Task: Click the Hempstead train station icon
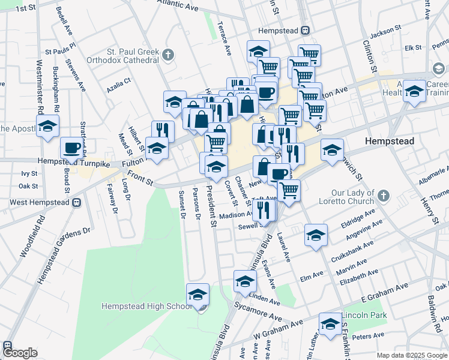pos(305,31)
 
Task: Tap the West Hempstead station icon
pos(76,202)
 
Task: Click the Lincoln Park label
pos(364,316)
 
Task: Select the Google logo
pos(20,353)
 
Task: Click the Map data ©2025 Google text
pos(412,355)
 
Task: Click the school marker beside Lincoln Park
pos(330,325)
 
